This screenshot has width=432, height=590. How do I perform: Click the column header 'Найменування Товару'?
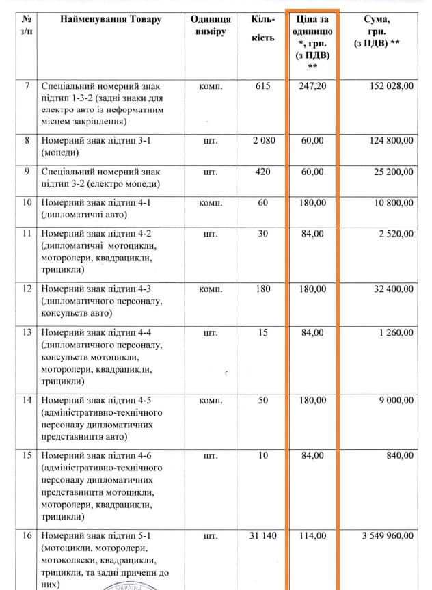111,19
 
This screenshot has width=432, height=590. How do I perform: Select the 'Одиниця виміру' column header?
211,26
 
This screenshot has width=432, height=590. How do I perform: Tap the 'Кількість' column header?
263,28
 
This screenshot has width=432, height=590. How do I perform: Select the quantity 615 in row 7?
263,87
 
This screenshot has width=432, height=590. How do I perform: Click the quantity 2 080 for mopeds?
263,141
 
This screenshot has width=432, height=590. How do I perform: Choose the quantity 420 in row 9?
263,172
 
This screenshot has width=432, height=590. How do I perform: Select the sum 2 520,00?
395,234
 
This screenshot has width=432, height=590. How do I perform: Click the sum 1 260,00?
395,333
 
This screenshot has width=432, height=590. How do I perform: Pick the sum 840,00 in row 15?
400,455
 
